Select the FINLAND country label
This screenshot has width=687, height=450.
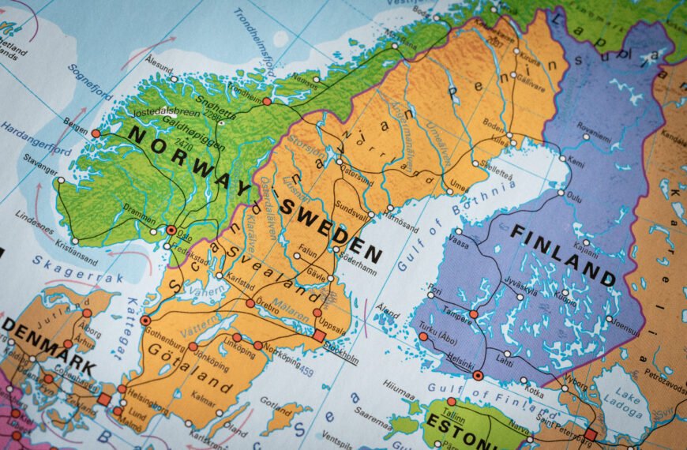[562, 253]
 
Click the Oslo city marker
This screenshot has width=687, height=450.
[171, 230]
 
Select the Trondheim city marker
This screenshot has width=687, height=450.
[267, 101]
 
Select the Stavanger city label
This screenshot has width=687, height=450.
[40, 167]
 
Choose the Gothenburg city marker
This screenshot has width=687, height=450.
[145, 321]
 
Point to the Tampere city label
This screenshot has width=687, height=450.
[457, 309]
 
